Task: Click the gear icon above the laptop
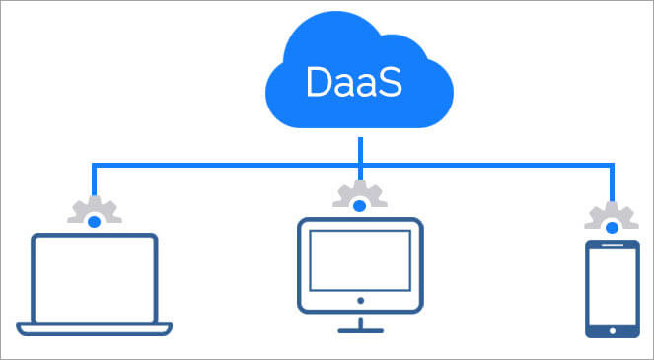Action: (x=94, y=212)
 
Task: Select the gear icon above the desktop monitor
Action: (x=359, y=194)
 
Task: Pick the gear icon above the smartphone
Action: (x=612, y=218)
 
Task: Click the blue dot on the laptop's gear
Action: (x=94, y=223)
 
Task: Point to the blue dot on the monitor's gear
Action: (x=359, y=205)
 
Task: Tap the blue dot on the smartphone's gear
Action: (x=612, y=229)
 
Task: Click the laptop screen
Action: (x=94, y=278)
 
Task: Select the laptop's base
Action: (x=94, y=327)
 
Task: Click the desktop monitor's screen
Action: (x=359, y=255)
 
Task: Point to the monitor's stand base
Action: (x=359, y=330)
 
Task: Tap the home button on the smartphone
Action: (x=612, y=329)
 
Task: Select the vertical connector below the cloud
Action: (x=361, y=148)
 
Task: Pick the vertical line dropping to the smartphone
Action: (x=614, y=183)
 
